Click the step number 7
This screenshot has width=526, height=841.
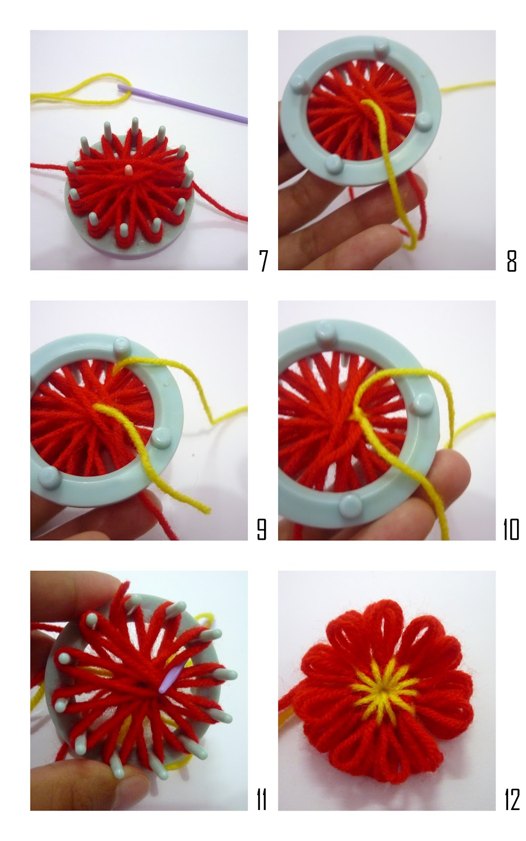coord(264,261)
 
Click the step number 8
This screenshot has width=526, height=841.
coord(511,261)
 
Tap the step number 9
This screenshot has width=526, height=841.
coord(261,530)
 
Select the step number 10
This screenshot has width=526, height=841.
coord(511,530)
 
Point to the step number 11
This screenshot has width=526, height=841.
coord(261,799)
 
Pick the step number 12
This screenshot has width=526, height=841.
coord(511,799)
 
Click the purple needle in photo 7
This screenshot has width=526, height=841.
coord(184,102)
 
